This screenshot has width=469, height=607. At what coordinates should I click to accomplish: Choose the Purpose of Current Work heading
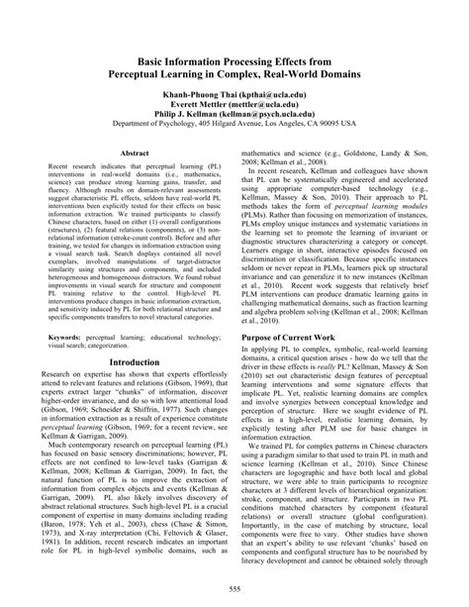click(299, 337)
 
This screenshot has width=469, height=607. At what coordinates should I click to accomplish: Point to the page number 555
click(234, 591)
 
